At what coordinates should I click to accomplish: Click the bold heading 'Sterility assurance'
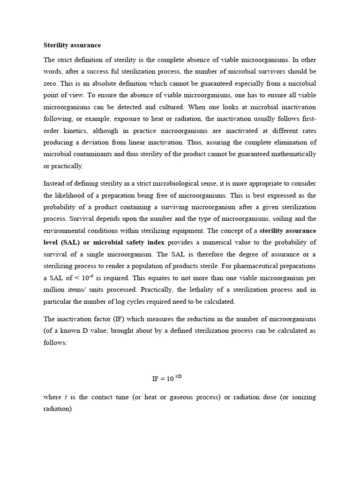click(72, 45)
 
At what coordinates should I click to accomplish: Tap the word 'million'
click(55, 290)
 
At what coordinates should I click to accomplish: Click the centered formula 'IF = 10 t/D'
click(170, 378)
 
